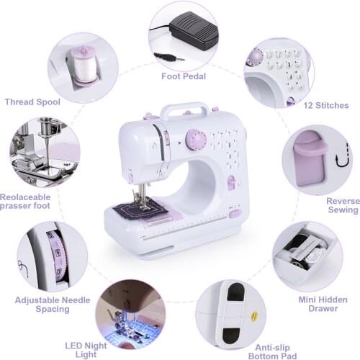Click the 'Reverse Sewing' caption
pos(341,205)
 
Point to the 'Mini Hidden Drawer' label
pos(318,303)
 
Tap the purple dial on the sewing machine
pos(195,138)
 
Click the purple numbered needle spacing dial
pos(56,255)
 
